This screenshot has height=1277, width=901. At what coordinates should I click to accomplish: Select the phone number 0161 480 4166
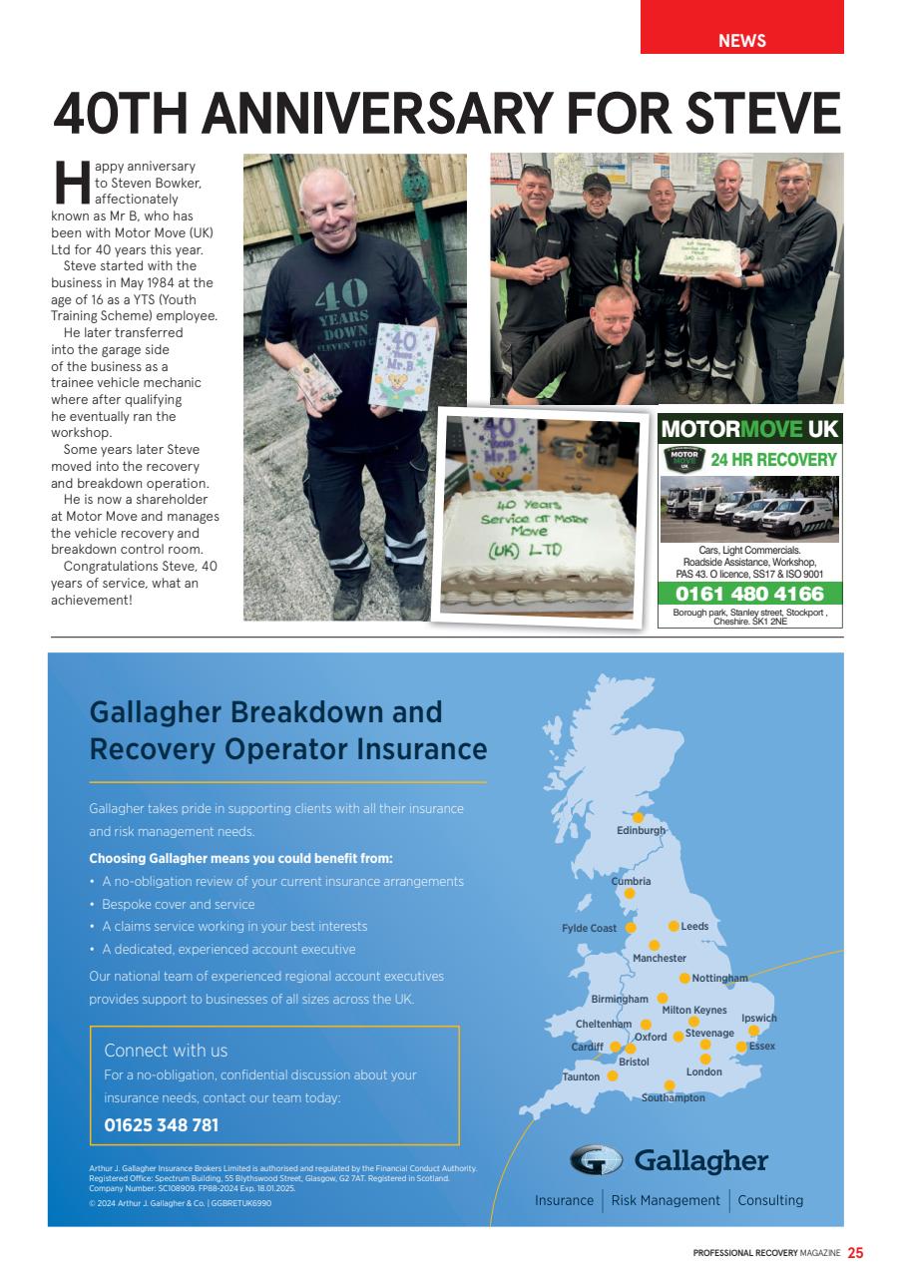click(x=749, y=595)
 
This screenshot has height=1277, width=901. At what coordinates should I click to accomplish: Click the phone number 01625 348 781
click(x=161, y=1125)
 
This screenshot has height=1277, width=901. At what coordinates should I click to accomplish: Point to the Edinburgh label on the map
click(x=640, y=831)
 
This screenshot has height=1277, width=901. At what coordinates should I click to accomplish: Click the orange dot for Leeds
click(x=674, y=926)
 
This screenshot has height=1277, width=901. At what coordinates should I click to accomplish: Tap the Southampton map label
click(x=673, y=1097)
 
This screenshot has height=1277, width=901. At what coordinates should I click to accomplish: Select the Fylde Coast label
click(x=589, y=929)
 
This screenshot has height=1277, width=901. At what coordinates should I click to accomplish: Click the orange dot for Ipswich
click(x=754, y=1031)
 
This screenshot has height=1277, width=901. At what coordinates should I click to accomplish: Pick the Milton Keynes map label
click(x=694, y=1011)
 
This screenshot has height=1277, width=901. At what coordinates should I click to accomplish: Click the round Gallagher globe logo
click(x=596, y=1160)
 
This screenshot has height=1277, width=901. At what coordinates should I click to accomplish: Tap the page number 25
click(x=855, y=1253)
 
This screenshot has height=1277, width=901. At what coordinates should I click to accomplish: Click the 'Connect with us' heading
click(x=166, y=1051)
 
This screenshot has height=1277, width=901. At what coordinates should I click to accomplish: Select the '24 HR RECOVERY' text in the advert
click(x=772, y=460)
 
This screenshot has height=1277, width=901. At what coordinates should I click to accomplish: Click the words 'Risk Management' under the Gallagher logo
click(x=665, y=1200)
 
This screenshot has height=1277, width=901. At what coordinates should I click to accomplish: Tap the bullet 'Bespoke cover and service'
click(x=178, y=904)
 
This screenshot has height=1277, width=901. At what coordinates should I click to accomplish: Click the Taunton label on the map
click(x=581, y=1076)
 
